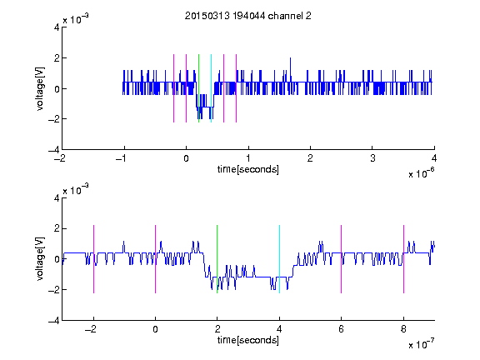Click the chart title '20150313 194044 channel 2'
click(248, 16)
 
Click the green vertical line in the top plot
click(198, 88)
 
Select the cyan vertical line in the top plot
click(211, 88)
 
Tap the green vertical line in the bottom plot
click(217, 259)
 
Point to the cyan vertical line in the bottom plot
click(279, 259)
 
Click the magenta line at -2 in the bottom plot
click(93, 259)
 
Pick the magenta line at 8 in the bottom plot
click(404, 259)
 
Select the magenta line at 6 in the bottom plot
click(342, 259)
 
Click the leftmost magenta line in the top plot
click(173, 88)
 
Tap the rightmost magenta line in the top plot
click(237, 88)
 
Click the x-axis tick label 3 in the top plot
click(372, 158)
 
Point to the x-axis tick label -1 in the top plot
click(122, 158)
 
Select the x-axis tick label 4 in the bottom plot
click(279, 329)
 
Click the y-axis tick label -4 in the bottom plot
click(54, 321)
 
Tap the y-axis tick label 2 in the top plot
click(57, 57)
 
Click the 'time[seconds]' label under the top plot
click(248, 169)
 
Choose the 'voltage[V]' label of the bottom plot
click(40, 259)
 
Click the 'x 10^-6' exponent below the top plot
click(421, 173)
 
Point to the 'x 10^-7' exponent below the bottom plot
click(421, 344)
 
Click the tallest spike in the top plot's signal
click(290, 70)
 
